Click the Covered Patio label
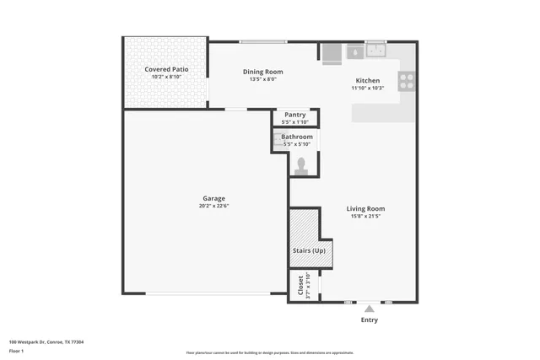(x=166, y=69)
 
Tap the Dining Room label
(x=262, y=72)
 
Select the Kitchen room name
(x=368, y=80)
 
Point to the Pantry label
(x=294, y=115)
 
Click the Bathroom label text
(x=297, y=137)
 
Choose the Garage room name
(x=213, y=198)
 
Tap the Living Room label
(x=365, y=208)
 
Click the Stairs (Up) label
(x=309, y=250)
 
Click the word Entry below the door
(x=370, y=320)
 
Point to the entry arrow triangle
(x=369, y=309)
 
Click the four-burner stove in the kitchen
(x=407, y=82)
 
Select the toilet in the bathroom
(x=300, y=165)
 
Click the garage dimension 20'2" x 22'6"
(x=213, y=206)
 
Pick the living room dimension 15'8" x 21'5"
(x=365, y=216)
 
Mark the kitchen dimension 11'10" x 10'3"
(x=368, y=88)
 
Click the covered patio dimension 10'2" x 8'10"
(x=166, y=77)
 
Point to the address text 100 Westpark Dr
(x=46, y=341)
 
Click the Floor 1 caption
(x=16, y=349)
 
